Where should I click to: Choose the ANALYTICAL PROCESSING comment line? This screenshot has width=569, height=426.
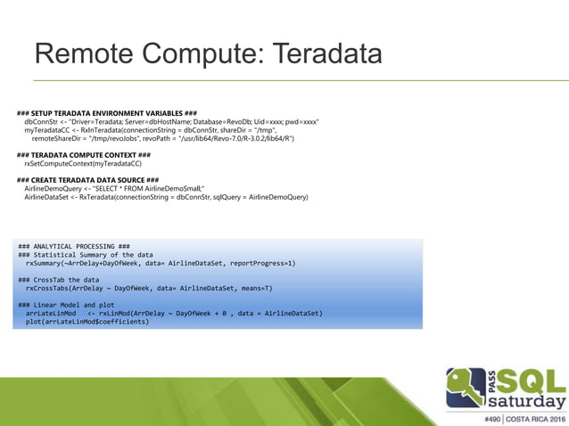[x=74, y=245]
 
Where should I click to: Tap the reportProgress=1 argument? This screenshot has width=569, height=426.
[x=260, y=264]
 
